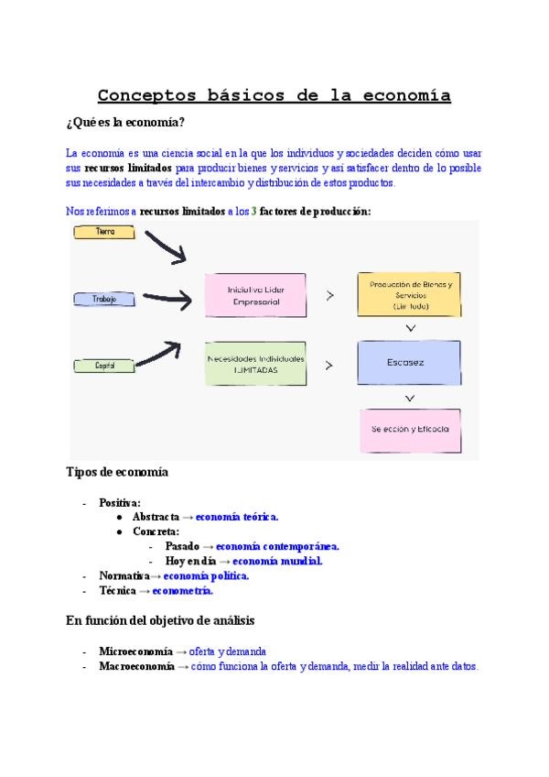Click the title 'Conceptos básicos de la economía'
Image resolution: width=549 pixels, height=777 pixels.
pyautogui.click(x=274, y=95)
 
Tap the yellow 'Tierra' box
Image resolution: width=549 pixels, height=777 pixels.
pyautogui.click(x=104, y=232)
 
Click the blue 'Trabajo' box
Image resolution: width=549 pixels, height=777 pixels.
pyautogui.click(x=104, y=299)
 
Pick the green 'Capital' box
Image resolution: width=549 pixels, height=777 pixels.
pyautogui.click(x=103, y=366)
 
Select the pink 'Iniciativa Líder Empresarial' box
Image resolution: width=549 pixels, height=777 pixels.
pyautogui.click(x=255, y=295)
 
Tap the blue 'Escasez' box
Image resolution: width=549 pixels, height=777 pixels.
pyautogui.click(x=409, y=362)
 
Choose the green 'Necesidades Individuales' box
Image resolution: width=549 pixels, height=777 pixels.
pyautogui.click(x=255, y=363)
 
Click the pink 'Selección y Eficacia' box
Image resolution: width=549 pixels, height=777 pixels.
pyautogui.click(x=409, y=429)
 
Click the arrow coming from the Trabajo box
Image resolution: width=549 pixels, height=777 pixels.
pyautogui.click(x=169, y=297)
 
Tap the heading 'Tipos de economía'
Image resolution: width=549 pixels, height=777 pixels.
pyautogui.click(x=117, y=473)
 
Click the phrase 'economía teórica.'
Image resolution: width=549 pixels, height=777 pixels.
pyautogui.click(x=237, y=517)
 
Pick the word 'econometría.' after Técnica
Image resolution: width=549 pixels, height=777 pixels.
pyautogui.click(x=189, y=591)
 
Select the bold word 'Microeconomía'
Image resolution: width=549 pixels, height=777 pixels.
pyautogui.click(x=136, y=651)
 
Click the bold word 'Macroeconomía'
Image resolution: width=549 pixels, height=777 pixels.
pyautogui.click(x=136, y=666)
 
